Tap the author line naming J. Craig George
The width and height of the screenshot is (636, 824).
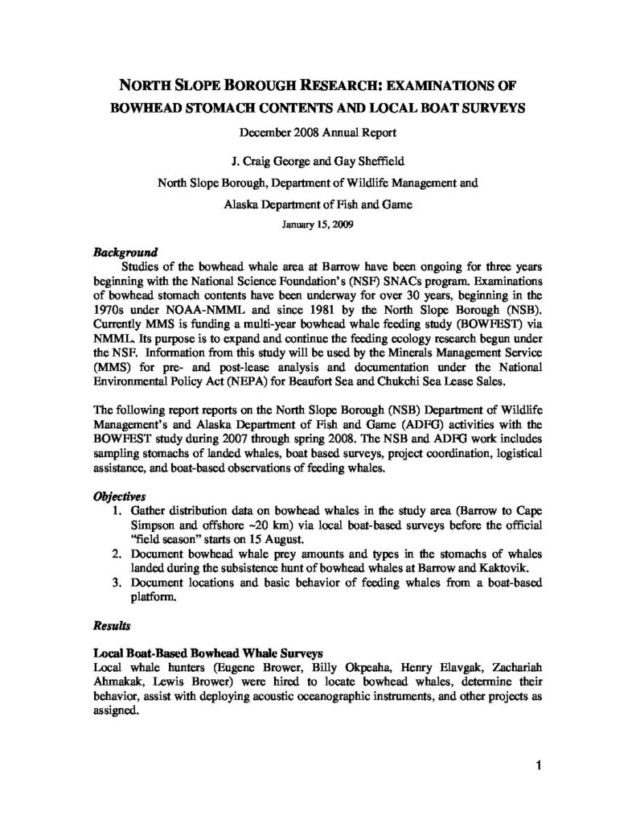(318, 159)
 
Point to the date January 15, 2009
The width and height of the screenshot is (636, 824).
(318, 226)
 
